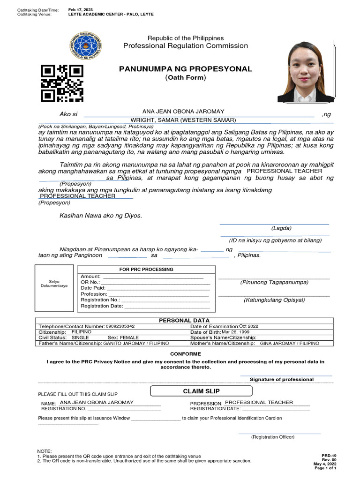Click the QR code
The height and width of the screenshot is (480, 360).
click(x=62, y=83)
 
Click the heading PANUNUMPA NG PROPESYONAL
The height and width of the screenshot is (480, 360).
click(x=186, y=69)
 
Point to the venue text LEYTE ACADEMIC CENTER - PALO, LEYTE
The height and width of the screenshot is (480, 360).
click(x=111, y=15)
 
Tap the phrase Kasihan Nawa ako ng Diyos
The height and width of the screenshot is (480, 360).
click(x=100, y=216)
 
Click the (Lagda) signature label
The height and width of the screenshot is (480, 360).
click(x=281, y=228)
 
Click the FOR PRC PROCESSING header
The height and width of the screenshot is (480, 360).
click(x=146, y=270)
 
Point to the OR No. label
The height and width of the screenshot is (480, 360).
click(x=90, y=282)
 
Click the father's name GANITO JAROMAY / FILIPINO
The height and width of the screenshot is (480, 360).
click(x=136, y=344)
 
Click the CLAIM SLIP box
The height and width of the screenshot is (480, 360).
click(x=201, y=391)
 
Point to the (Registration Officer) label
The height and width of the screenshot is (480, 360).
click(x=273, y=437)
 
